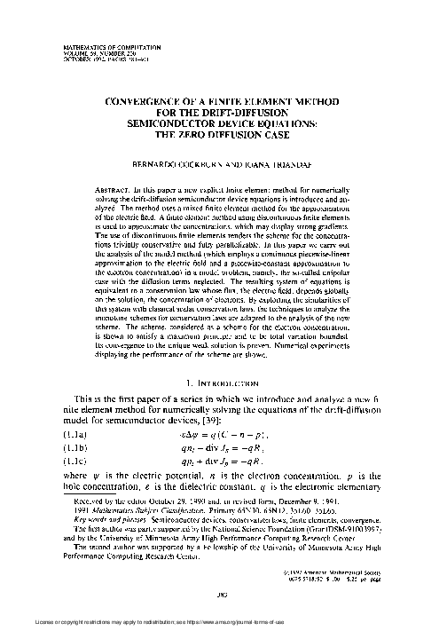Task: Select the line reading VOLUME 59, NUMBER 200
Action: point(90,51)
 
